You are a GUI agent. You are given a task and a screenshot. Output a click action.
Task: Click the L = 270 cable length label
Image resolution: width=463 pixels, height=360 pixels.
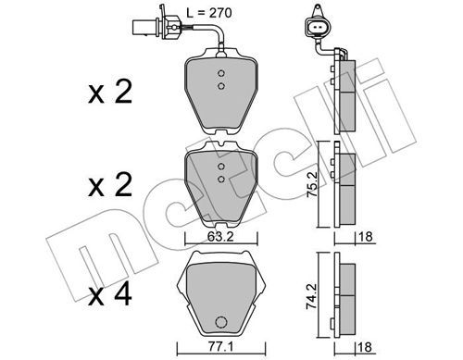[x=209, y=13]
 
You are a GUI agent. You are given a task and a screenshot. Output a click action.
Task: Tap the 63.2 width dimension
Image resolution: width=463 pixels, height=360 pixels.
[x=220, y=237]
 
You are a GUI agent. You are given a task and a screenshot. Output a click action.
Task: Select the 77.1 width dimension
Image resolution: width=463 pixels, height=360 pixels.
[x=219, y=347]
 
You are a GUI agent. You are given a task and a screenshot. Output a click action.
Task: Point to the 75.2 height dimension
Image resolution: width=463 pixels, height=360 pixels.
[x=311, y=184]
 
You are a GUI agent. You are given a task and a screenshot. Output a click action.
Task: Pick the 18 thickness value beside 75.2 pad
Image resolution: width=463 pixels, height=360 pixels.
[x=366, y=237]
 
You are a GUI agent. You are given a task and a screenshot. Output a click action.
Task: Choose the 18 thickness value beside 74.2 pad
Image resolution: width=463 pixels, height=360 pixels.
[x=366, y=347]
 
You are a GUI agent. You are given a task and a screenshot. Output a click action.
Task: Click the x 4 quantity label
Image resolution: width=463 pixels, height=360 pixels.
[x=110, y=295]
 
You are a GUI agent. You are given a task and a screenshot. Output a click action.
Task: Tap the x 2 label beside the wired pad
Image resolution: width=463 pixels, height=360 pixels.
[x=110, y=92]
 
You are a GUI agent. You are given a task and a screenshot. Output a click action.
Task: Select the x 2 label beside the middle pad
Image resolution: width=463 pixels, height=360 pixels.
[x=110, y=184]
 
